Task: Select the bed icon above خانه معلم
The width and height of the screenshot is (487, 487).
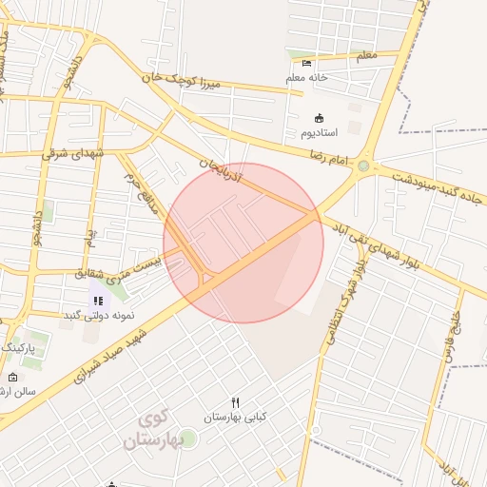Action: (x=306, y=63)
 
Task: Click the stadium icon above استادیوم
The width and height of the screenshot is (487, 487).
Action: (x=318, y=118)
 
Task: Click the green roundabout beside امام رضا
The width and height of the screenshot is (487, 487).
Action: (x=362, y=167)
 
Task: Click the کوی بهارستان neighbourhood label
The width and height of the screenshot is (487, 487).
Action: (x=158, y=429)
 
